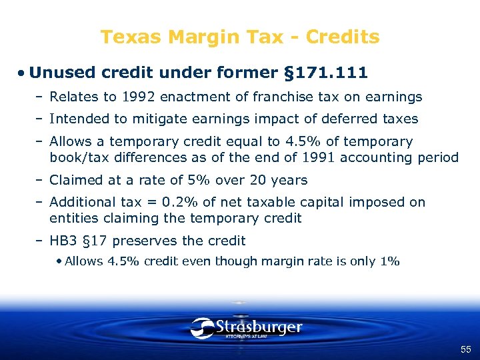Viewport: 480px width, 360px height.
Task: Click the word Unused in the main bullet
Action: coord(62,72)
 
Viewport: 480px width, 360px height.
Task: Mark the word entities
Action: coord(71,218)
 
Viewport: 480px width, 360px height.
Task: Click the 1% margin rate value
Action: coord(390,261)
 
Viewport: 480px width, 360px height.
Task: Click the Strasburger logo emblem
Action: coord(202,327)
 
